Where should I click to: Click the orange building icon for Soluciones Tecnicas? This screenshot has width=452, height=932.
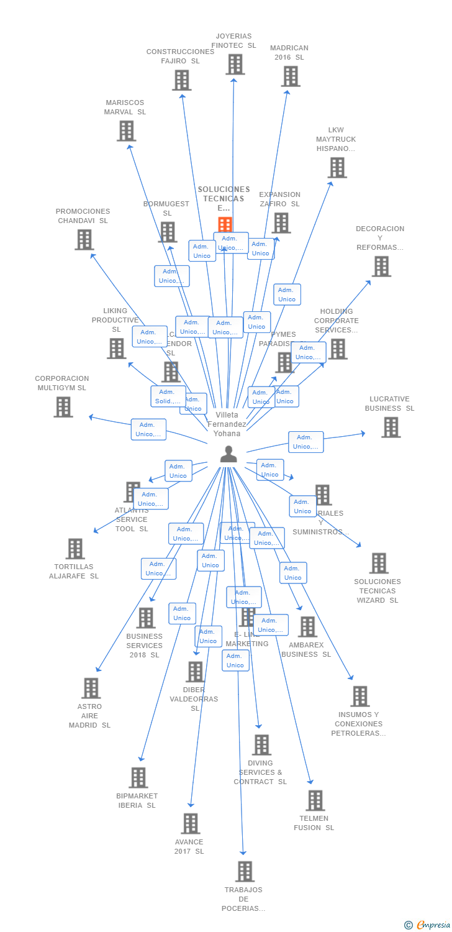click(225, 224)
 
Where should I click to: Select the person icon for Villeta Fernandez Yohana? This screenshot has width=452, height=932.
click(228, 454)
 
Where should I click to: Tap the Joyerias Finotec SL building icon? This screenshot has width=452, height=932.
click(235, 64)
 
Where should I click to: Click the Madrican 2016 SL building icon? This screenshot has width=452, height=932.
click(290, 76)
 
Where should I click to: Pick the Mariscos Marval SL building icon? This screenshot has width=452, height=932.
click(126, 130)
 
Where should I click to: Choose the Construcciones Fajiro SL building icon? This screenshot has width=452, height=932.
click(181, 80)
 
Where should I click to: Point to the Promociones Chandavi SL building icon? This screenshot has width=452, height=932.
click(84, 239)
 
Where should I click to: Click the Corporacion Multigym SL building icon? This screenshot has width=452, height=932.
click(63, 407)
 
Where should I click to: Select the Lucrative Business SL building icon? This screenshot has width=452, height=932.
click(391, 427)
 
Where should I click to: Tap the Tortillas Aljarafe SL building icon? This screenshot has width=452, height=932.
click(75, 549)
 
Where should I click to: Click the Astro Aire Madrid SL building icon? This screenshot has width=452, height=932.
click(91, 688)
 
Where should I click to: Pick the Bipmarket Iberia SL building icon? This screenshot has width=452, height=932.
click(138, 777)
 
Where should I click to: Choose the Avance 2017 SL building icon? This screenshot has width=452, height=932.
click(190, 823)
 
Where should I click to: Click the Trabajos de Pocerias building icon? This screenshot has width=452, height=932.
click(245, 871)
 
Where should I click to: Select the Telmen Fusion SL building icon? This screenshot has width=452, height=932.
click(315, 800)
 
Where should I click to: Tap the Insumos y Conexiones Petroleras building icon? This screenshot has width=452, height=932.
click(359, 697)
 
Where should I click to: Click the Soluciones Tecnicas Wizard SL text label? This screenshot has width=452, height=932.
click(377, 591)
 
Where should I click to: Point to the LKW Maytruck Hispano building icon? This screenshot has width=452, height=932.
click(337, 167)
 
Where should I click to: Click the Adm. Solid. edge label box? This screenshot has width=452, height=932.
click(168, 396)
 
